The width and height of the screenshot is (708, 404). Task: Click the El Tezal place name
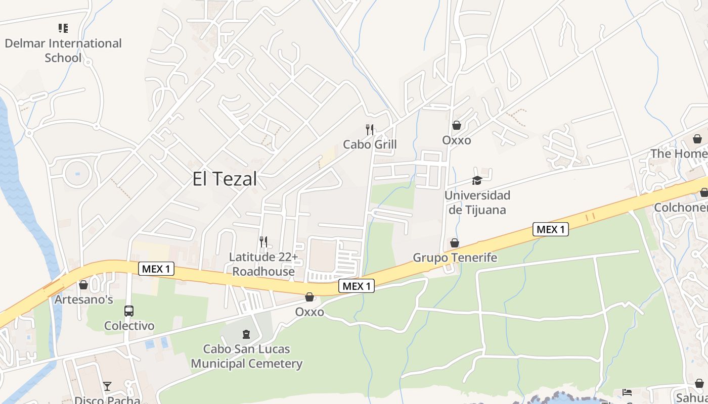(x=225, y=179)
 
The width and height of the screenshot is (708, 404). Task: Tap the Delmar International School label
(x=63, y=50)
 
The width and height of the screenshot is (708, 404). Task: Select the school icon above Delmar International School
(x=63, y=28)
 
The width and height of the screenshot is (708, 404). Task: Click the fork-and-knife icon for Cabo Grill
(x=370, y=130)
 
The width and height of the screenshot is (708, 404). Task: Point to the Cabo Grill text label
(x=370, y=144)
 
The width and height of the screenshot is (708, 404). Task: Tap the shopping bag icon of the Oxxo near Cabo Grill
(x=457, y=125)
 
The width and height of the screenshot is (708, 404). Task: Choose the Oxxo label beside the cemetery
(x=309, y=312)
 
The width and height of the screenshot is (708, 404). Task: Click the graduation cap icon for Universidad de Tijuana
(x=477, y=180)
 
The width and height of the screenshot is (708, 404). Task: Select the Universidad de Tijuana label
(x=477, y=202)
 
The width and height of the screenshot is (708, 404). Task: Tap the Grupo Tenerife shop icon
(x=455, y=243)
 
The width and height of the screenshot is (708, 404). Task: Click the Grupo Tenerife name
(x=455, y=258)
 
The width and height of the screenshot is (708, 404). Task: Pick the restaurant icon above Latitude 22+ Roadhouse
(x=263, y=242)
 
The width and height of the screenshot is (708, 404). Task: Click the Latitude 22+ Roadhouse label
(x=263, y=264)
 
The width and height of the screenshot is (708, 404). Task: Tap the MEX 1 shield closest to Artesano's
(x=156, y=269)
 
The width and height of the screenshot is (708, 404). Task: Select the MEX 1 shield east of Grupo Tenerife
(x=551, y=229)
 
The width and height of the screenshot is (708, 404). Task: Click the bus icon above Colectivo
(x=129, y=311)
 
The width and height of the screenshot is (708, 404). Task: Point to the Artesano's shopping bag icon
(x=83, y=285)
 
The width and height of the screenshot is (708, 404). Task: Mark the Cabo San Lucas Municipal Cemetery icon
(x=246, y=334)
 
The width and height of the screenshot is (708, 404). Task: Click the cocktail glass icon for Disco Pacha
(x=107, y=386)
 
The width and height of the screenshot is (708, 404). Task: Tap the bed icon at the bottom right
(x=627, y=392)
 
